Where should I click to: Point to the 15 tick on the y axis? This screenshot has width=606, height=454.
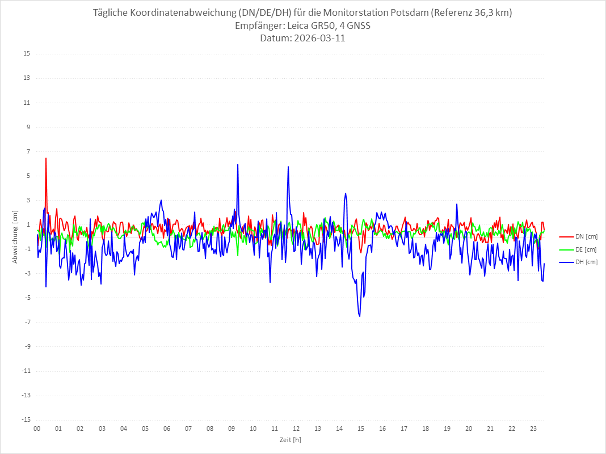coord(27,54)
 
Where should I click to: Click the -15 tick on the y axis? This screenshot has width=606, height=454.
coord(26,419)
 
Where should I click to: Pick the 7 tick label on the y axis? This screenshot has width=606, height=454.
coord(28,151)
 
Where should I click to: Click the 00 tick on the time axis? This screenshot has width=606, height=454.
coord(37,428)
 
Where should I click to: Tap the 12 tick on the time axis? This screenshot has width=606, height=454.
coord(296,428)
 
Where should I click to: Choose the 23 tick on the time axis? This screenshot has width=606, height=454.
coord(533,428)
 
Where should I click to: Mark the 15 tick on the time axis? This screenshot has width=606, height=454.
coord(361,428)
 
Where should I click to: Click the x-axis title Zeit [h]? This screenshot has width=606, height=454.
coord(291,439)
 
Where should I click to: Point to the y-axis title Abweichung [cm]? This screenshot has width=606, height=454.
coord(15,237)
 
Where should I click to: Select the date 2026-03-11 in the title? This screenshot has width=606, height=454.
coord(317,39)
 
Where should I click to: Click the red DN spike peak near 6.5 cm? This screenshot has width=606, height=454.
coord(46,158)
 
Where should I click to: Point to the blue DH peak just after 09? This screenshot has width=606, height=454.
coord(238,164)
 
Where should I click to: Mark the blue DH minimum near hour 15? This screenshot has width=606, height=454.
coord(360,316)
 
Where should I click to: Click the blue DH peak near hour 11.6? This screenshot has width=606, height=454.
coord(288,167)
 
